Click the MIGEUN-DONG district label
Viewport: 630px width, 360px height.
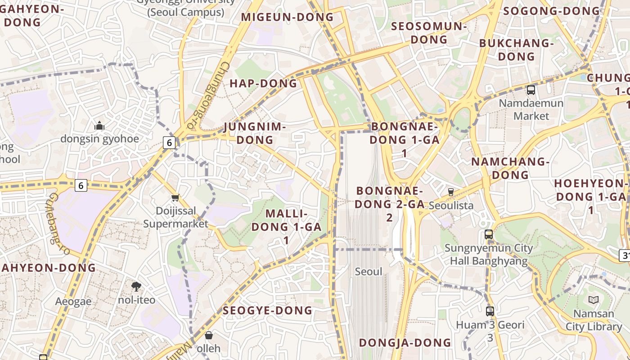[x=287, y=17]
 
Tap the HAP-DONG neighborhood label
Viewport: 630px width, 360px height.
[x=263, y=83]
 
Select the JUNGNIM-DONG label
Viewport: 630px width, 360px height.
[x=255, y=133]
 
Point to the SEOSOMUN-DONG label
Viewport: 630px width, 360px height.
[x=429, y=33]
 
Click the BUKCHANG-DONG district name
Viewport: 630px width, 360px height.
[x=516, y=50]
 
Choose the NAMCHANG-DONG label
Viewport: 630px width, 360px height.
[x=510, y=168]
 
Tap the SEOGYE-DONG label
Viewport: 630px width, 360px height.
[x=267, y=310]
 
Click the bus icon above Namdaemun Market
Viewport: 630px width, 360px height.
[x=531, y=90]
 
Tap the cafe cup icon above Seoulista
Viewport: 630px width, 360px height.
[x=451, y=192]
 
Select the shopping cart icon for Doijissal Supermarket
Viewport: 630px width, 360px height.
[x=175, y=198]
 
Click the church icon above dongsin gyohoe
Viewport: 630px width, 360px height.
[x=99, y=126]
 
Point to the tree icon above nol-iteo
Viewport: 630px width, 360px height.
[x=136, y=286]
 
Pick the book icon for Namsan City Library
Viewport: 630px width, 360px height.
[x=594, y=300]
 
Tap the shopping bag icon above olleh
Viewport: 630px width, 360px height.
[x=209, y=335]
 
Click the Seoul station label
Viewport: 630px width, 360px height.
[x=369, y=271]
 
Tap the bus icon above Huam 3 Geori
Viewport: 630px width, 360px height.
[x=490, y=311]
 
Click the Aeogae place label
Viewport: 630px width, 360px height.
[x=73, y=301]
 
